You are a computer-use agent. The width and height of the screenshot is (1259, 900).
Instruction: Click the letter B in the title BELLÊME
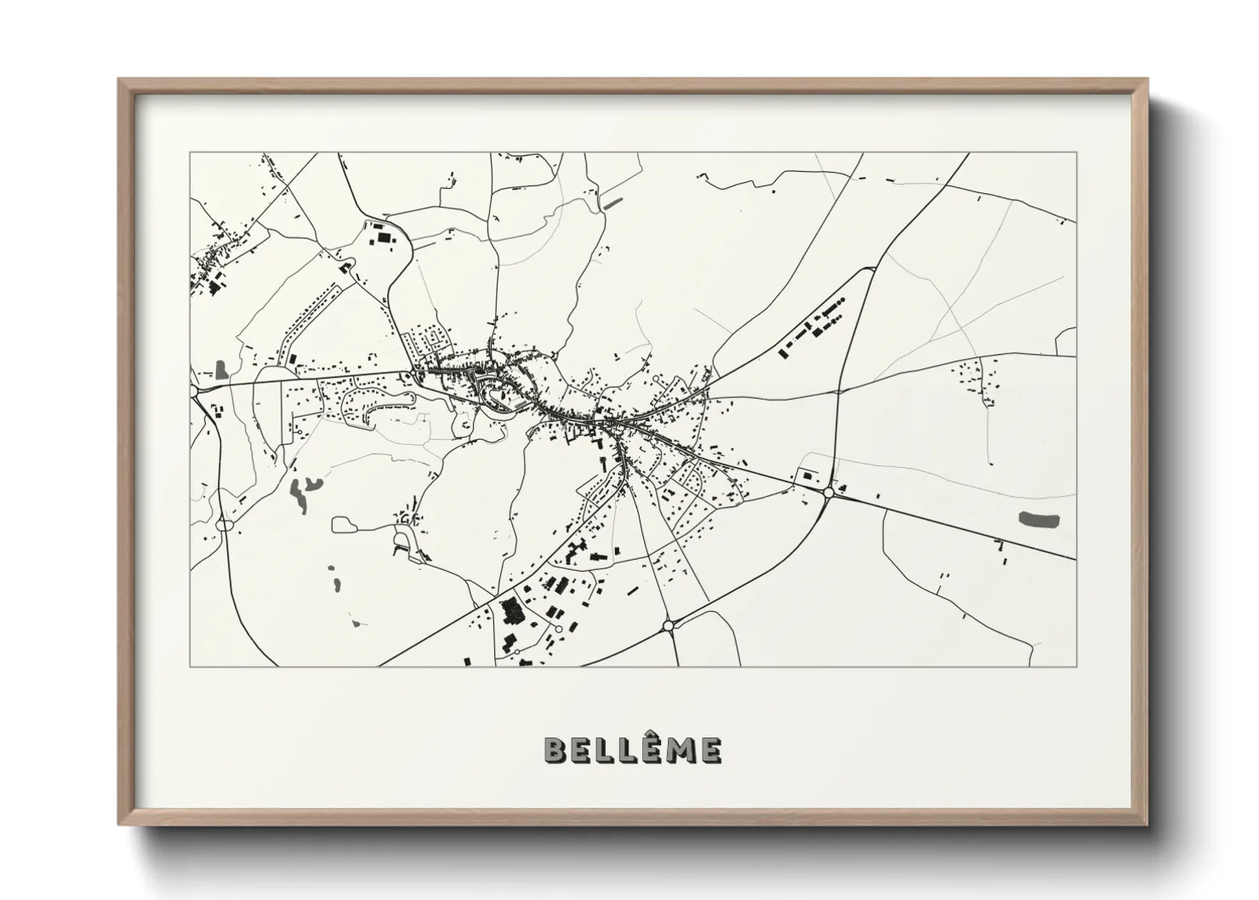click(x=555, y=749)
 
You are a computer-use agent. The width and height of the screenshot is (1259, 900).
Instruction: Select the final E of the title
click(x=711, y=749)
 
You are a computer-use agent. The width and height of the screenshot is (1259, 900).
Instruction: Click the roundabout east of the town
click(x=829, y=492)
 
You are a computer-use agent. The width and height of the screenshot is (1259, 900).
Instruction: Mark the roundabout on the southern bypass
click(x=669, y=626)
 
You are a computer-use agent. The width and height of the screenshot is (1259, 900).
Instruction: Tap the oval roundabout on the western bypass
click(x=225, y=525)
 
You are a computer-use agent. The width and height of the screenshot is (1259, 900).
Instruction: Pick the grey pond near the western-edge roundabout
click(x=222, y=369)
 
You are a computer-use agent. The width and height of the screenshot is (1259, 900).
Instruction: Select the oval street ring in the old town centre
click(x=496, y=394)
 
